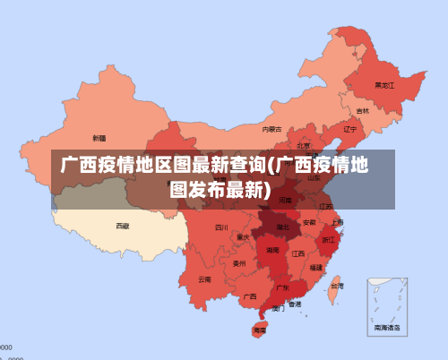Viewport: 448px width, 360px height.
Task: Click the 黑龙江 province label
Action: pyautogui.click(x=384, y=86)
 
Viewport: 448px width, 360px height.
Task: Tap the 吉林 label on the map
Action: pyautogui.click(x=362, y=111)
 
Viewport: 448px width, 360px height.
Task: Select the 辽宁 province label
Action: pyautogui.click(x=350, y=129)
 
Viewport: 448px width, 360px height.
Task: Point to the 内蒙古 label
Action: pyautogui.click(x=271, y=129)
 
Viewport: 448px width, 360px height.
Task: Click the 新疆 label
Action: pyautogui.click(x=99, y=138)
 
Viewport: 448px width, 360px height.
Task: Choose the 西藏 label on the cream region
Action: pyautogui.click(x=122, y=226)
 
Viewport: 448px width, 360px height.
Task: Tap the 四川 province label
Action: pyautogui.click(x=221, y=228)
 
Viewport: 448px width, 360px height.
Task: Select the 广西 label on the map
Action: pyautogui.click(x=250, y=296)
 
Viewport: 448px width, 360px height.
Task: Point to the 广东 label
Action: pyautogui.click(x=282, y=287)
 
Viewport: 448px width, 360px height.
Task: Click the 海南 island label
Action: pyautogui.click(x=260, y=330)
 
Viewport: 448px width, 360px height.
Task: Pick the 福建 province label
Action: pyautogui.click(x=316, y=267)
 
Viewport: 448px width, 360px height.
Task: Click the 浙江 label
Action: pyautogui.click(x=329, y=240)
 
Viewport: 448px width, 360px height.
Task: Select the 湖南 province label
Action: pyautogui.click(x=272, y=252)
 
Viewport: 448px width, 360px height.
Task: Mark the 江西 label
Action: pyautogui.click(x=298, y=253)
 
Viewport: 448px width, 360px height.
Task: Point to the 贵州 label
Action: pyautogui.click(x=238, y=263)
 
